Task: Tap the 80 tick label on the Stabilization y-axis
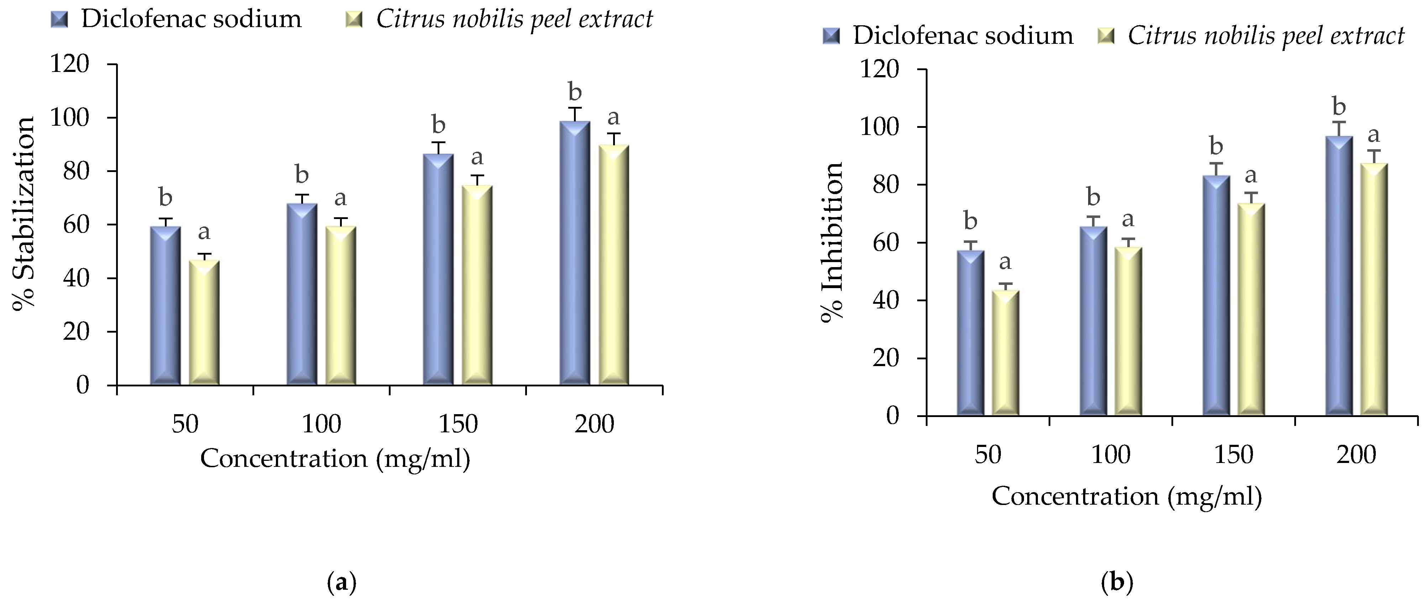[x=76, y=171]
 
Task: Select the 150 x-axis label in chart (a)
[x=458, y=424]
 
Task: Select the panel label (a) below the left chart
[x=341, y=582]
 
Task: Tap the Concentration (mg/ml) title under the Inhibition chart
[x=1127, y=496]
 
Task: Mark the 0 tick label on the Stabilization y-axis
[x=83, y=385]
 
